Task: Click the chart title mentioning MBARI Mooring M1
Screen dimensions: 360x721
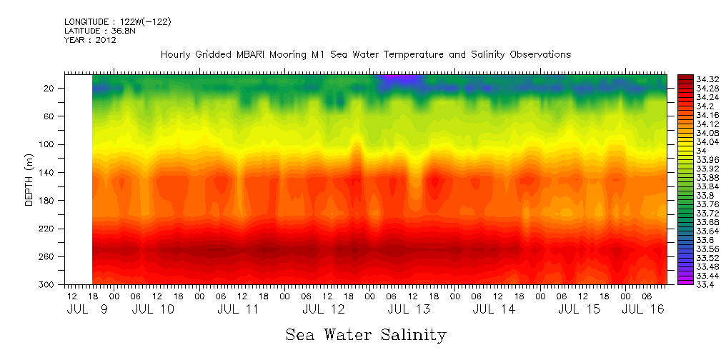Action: pyautogui.click(x=365, y=54)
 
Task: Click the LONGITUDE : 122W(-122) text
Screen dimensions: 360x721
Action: pyautogui.click(x=117, y=22)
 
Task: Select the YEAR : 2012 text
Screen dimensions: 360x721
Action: pyautogui.click(x=90, y=40)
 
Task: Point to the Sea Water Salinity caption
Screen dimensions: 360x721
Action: pyautogui.click(x=366, y=334)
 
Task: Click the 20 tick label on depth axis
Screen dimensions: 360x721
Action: pyautogui.click(x=49, y=89)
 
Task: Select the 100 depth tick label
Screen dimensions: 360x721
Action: pyautogui.click(x=47, y=144)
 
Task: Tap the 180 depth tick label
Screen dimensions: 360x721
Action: pyautogui.click(x=47, y=201)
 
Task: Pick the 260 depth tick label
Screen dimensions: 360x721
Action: pyautogui.click(x=47, y=256)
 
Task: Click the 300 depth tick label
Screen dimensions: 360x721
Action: pyautogui.click(x=47, y=285)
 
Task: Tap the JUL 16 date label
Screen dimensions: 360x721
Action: pyautogui.click(x=642, y=309)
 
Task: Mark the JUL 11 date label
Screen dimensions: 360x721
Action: pyautogui.click(x=238, y=309)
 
